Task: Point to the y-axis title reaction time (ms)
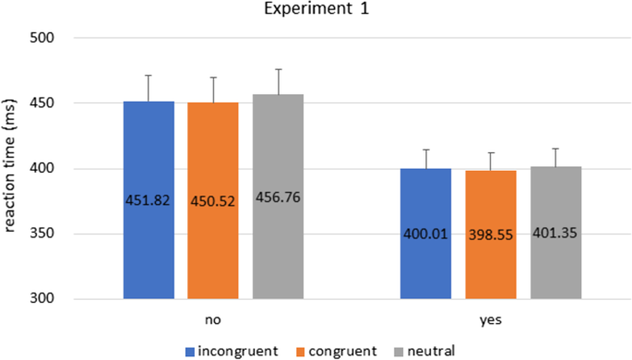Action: click(x=13, y=168)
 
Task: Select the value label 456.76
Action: click(x=278, y=198)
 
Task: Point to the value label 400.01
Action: click(x=425, y=234)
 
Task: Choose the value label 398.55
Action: click(x=490, y=234)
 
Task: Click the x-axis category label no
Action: click(x=213, y=318)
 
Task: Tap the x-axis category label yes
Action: click(x=490, y=318)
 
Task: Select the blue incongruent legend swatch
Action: click(x=190, y=350)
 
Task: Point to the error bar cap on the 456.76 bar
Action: click(x=278, y=69)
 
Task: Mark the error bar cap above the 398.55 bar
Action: click(x=490, y=153)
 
